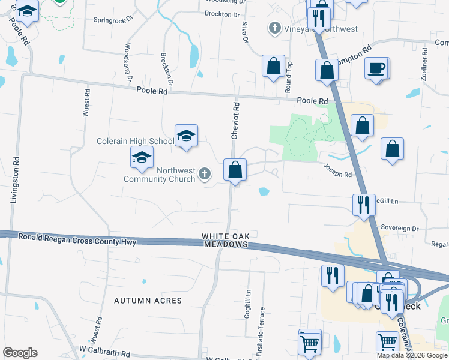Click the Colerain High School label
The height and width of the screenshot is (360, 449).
click(136, 141)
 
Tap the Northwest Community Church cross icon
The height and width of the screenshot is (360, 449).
click(204, 175)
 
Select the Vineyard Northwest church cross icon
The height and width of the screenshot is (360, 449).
click(275, 28)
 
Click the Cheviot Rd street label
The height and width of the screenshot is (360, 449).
click(236, 120)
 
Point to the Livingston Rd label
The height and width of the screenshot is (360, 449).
click(14, 179)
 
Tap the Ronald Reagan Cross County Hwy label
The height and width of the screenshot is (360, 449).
click(77, 238)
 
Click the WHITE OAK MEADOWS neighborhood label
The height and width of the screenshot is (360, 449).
click(225, 240)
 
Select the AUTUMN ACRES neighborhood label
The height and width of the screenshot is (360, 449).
click(148, 300)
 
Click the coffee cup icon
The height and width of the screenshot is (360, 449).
click(376, 68)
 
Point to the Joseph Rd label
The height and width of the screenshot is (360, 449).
click(337, 171)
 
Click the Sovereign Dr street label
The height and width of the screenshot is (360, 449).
click(399, 229)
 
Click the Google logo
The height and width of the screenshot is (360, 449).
click(20, 353)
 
